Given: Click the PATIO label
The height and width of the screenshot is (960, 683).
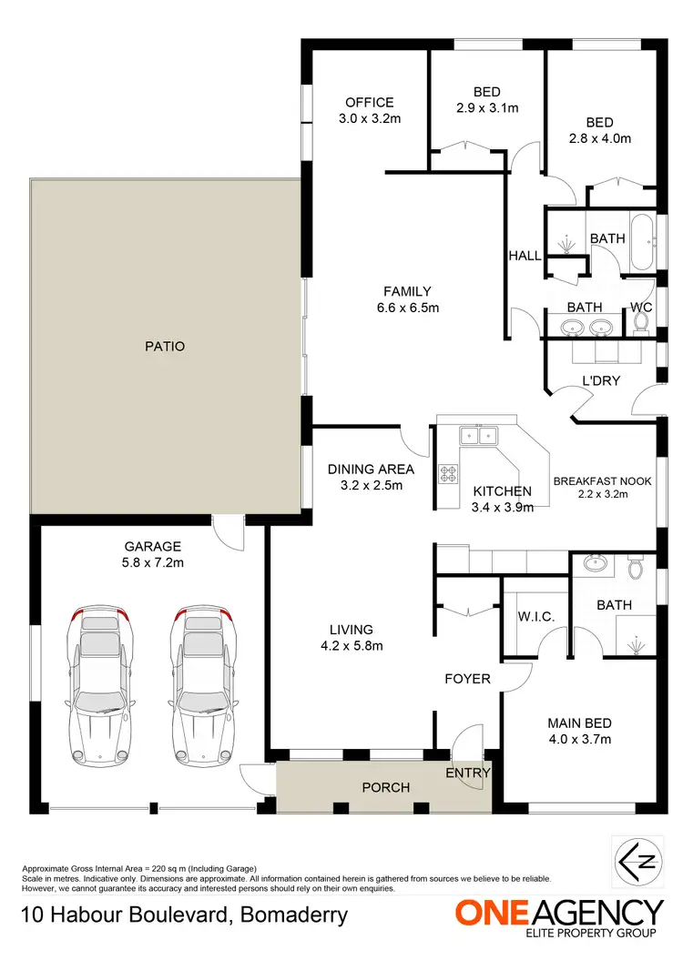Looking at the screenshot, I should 164,346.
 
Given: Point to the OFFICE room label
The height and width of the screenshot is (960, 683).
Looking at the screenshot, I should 369,103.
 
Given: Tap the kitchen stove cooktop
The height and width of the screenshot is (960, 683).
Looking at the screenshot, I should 449,473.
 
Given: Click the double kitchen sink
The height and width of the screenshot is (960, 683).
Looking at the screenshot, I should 480,436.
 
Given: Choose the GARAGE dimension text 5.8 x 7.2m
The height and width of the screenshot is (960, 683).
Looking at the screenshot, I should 153,563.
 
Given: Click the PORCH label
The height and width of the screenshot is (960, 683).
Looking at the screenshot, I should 385,787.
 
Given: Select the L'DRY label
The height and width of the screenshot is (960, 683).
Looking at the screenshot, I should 601,380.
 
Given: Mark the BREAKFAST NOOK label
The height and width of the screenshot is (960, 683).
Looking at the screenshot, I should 602,481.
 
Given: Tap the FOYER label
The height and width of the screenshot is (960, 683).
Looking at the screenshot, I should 467,679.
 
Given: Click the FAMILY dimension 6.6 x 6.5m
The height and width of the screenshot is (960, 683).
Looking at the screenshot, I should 406,308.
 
